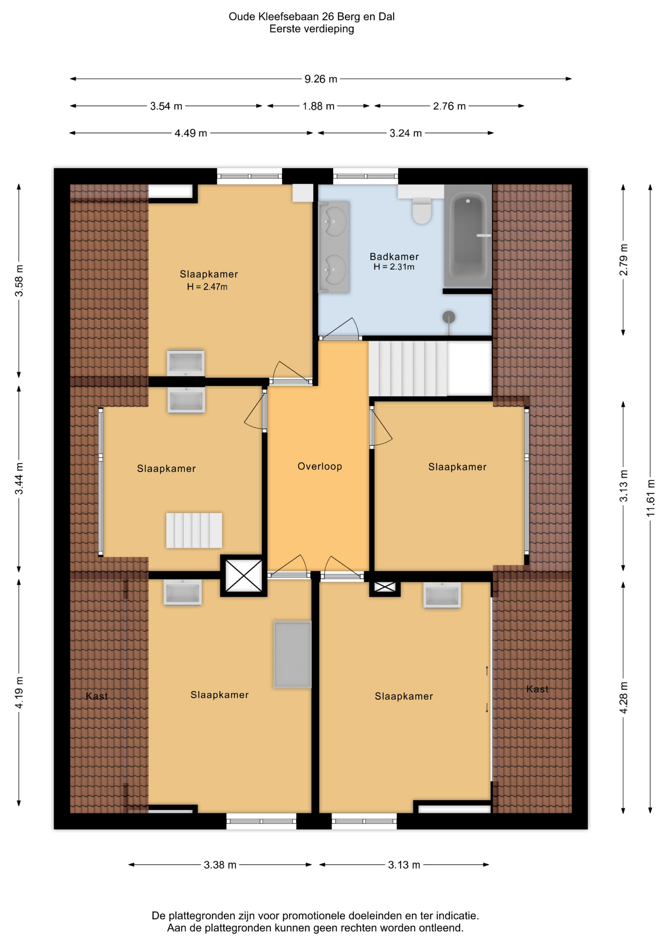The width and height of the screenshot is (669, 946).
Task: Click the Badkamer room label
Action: (x=394, y=256)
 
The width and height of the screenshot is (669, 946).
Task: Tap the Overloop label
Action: (x=320, y=466)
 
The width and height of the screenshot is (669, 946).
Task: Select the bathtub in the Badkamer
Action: (x=468, y=236)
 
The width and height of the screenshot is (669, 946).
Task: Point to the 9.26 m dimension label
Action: (x=321, y=79)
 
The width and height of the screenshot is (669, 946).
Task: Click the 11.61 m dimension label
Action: (x=651, y=498)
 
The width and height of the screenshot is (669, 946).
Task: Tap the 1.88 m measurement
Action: (x=318, y=106)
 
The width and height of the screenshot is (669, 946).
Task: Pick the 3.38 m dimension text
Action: (x=220, y=865)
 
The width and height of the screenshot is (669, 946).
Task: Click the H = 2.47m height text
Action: (x=207, y=287)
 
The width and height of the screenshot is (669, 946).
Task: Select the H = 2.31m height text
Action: (x=394, y=267)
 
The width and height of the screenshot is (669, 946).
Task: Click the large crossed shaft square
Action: (x=244, y=576)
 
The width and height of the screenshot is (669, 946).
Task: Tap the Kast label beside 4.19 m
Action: (x=97, y=696)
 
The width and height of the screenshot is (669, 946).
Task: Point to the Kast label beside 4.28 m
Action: (x=537, y=689)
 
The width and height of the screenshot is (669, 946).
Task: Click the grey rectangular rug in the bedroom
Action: (x=293, y=654)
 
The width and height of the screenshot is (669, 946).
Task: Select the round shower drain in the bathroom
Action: (x=449, y=317)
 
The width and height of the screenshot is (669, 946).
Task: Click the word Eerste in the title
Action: (x=285, y=29)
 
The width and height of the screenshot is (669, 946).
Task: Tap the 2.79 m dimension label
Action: (x=624, y=260)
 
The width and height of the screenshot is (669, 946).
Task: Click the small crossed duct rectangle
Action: (x=385, y=586)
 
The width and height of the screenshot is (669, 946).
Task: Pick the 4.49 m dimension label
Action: (x=191, y=133)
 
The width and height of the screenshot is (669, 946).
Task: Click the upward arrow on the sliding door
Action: (x=487, y=671)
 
